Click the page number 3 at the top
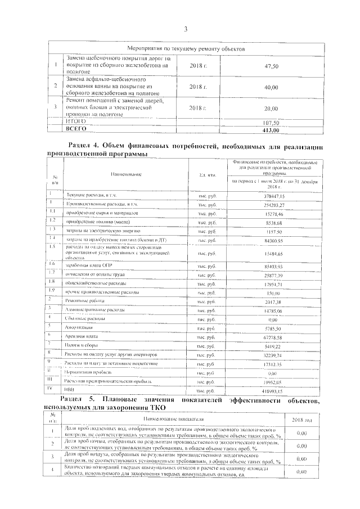pos(185,29)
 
